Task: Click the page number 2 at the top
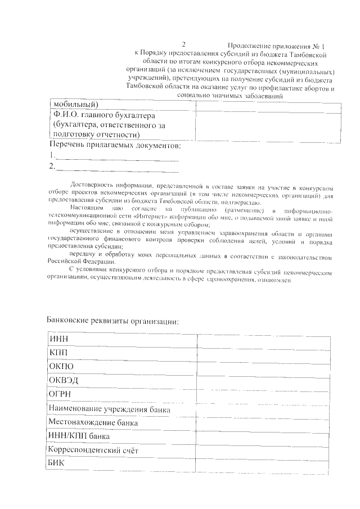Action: (x=183, y=44)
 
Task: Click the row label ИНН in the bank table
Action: (x=58, y=338)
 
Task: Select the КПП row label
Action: (x=58, y=352)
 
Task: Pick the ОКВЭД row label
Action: (x=64, y=380)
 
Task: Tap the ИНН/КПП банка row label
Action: (x=79, y=436)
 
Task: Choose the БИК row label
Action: (x=57, y=463)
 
